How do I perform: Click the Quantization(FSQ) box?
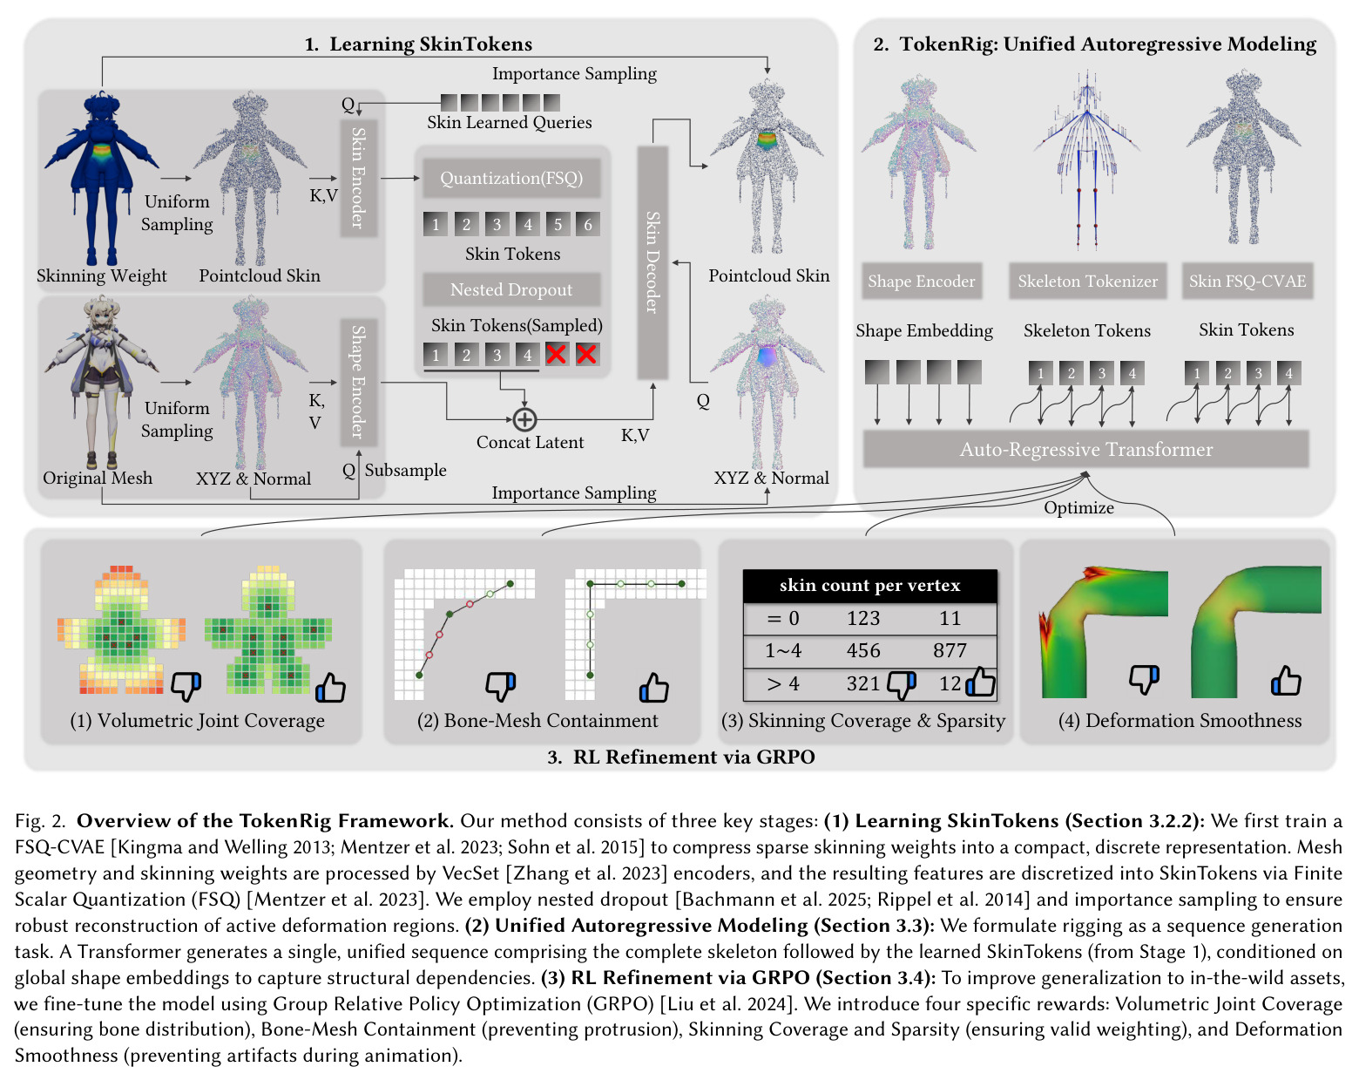pos(510,178)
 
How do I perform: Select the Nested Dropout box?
pos(510,289)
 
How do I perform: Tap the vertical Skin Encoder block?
pos(358,178)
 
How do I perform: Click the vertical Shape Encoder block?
pos(358,383)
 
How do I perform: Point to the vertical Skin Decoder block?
pos(652,262)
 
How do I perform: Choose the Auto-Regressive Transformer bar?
pos(1085,449)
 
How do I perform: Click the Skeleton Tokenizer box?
pos(1087,281)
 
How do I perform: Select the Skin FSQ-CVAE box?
pos(1247,281)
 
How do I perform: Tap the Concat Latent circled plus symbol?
pos(524,419)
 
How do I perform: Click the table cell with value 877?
pos(950,650)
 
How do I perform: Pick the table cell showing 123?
pos(862,617)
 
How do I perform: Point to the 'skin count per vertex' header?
pos(869,586)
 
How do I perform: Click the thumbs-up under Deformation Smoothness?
pos(1285,681)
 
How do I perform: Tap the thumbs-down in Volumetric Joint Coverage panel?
pos(186,686)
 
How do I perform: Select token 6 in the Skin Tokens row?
pos(587,224)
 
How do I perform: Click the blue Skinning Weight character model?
pos(101,178)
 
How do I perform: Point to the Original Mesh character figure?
pos(101,383)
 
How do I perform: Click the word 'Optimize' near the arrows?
pos(1078,507)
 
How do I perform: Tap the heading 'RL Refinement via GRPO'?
pos(693,757)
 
